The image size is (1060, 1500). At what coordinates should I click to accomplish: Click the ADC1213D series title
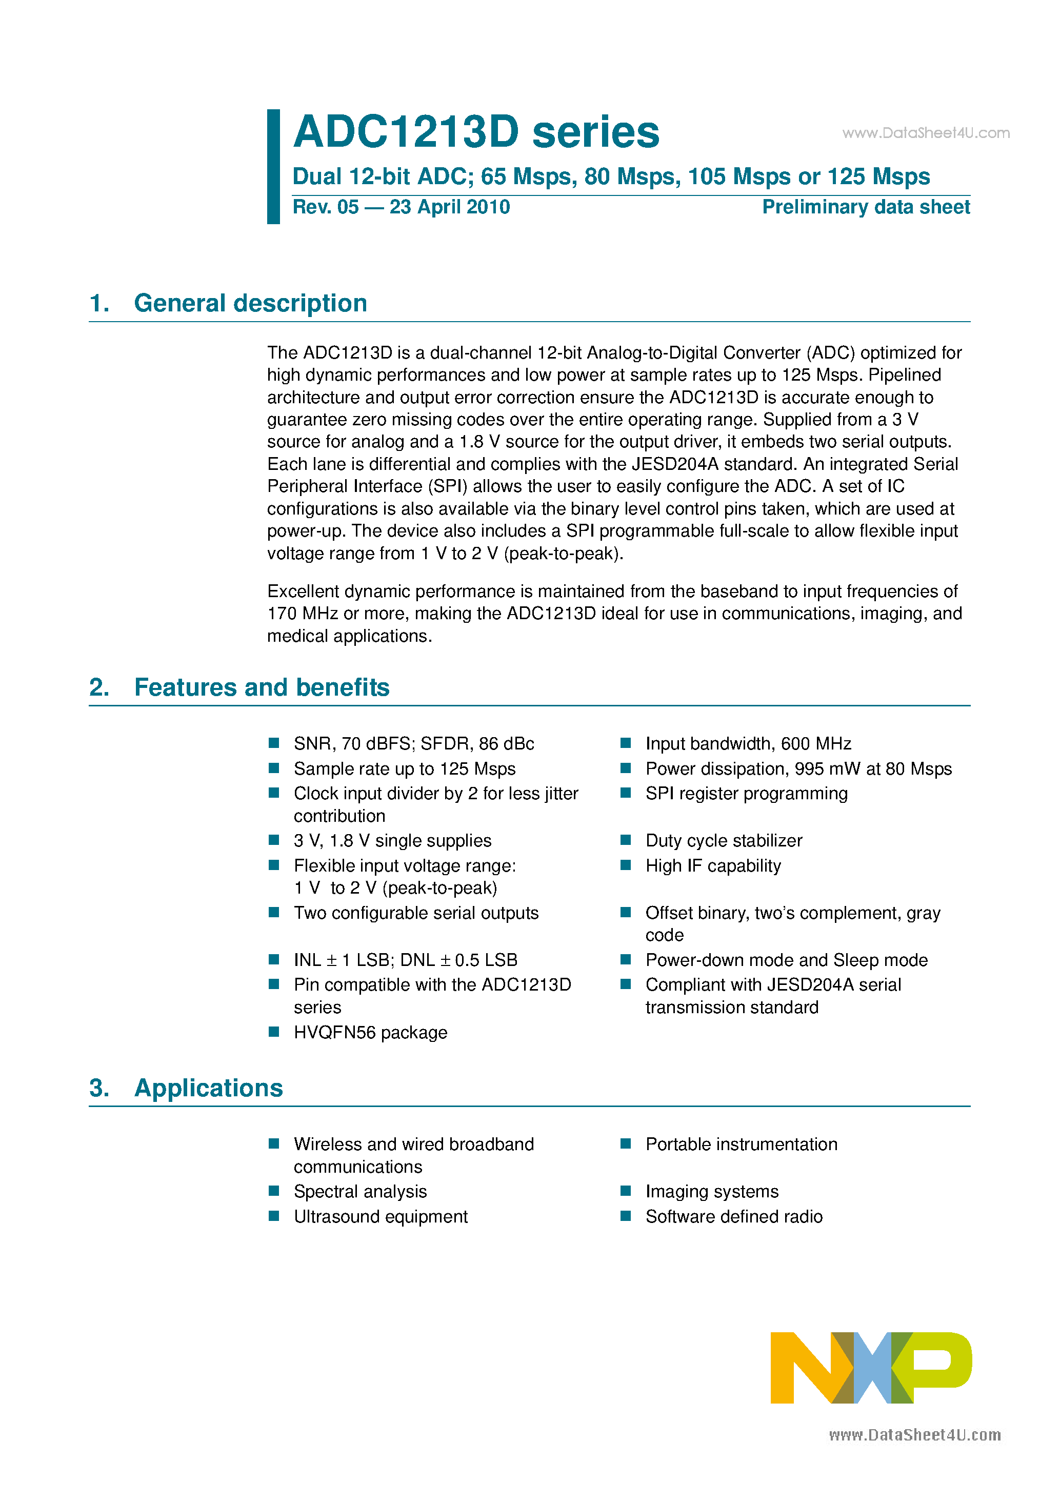[476, 132]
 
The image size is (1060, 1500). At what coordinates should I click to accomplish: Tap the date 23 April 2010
[449, 207]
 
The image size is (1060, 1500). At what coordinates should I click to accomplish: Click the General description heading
[250, 303]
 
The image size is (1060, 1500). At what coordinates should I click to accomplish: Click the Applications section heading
[208, 1088]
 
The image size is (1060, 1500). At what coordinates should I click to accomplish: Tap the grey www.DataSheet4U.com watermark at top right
[926, 133]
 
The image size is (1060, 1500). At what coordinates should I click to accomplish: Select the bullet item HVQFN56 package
[370, 1032]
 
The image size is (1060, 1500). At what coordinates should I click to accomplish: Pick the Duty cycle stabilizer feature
[724, 841]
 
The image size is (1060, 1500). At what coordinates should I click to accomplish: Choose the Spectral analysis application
[360, 1192]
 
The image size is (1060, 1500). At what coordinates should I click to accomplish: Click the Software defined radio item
[733, 1216]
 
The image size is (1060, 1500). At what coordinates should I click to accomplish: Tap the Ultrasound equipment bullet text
[380, 1216]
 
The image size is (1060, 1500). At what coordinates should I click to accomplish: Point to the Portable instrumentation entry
[741, 1144]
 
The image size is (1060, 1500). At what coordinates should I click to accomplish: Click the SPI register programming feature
[746, 793]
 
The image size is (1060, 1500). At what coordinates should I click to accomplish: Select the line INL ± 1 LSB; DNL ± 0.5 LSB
[405, 960]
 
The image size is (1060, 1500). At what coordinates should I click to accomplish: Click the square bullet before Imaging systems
[626, 1191]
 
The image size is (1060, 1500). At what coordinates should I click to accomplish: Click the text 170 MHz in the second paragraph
[303, 614]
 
